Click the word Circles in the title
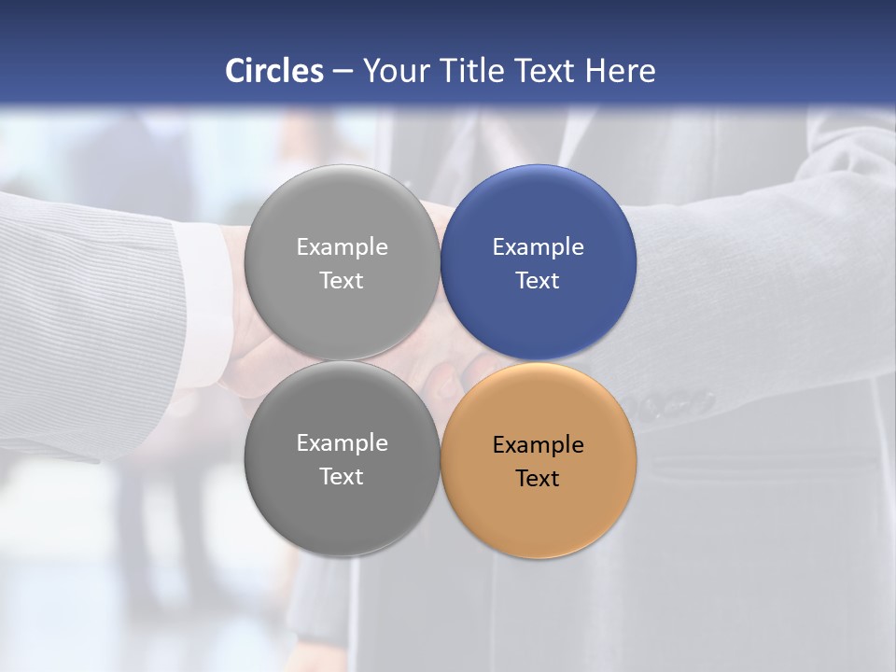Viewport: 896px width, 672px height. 274,71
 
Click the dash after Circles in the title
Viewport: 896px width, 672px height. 343,72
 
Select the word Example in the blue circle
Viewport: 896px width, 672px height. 538,247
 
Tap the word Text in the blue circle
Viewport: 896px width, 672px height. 538,281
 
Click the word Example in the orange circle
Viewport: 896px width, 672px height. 538,445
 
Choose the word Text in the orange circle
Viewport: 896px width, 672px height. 538,479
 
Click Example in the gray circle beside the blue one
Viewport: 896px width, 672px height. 342,247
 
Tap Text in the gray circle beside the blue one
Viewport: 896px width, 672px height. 342,281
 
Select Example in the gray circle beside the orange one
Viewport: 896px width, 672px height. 342,443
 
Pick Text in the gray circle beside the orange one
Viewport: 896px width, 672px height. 342,477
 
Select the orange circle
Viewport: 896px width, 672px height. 539,518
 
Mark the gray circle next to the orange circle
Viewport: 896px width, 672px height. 342,518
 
